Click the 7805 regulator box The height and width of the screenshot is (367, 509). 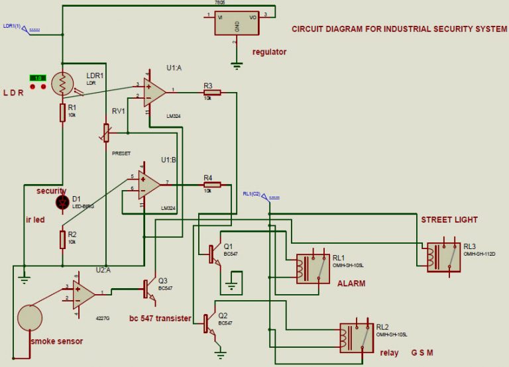pos(237,24)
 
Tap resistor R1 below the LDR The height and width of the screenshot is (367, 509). pos(62,112)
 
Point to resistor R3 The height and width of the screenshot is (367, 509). pos(212,93)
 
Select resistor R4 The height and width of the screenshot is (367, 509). pos(212,185)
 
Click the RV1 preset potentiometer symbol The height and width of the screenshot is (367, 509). pos(106,132)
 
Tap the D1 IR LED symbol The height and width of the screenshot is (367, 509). pos(62,203)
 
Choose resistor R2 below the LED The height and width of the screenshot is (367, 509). pos(62,238)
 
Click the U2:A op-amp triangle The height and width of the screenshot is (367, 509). pos(84,292)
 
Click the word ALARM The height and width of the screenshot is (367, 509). pos(352,284)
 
